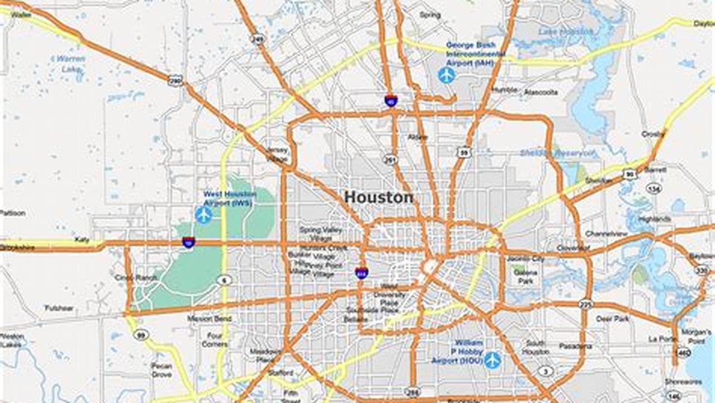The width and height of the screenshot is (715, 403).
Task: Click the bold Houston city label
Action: tap(378, 197)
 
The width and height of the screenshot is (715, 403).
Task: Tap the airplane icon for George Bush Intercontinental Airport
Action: tap(447, 74)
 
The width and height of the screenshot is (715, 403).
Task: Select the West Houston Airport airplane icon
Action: tap(203, 214)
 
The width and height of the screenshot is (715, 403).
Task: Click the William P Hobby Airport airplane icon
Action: tap(493, 360)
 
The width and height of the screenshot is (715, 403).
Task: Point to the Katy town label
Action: tap(82, 240)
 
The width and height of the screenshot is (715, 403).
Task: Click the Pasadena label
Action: tap(575, 346)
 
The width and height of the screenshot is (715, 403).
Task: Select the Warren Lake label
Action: tap(70, 64)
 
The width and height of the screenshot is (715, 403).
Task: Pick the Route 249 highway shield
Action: tap(257, 39)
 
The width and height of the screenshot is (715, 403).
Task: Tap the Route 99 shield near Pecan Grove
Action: tap(141, 335)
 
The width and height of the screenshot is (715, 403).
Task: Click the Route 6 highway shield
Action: tap(224, 280)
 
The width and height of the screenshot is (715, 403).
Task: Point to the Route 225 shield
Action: tap(585, 304)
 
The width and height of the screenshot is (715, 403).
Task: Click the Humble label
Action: tap(505, 90)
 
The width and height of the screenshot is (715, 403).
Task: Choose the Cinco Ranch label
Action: tap(128, 278)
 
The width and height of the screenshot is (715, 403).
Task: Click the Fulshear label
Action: tap(59, 308)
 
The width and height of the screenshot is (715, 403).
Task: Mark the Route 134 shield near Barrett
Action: tap(654, 188)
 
